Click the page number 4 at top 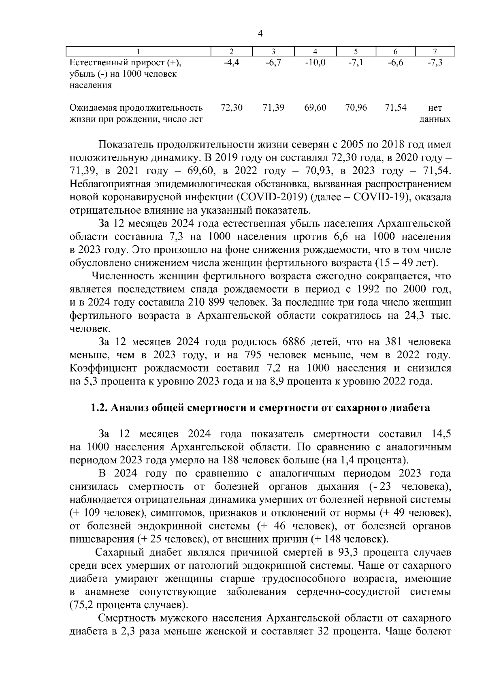[260, 34]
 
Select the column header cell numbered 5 [356, 51]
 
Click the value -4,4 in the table [231, 63]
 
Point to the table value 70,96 [356, 108]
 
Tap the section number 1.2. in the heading [99, 408]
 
